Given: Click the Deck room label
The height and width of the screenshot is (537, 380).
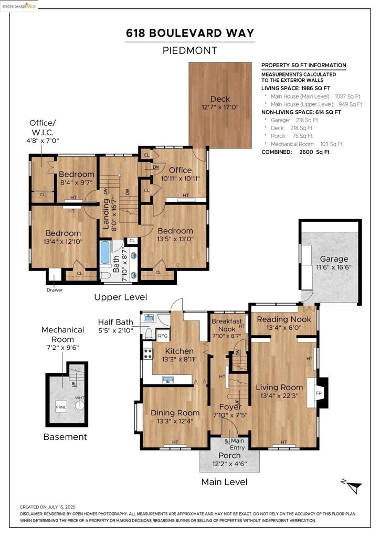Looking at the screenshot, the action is (220, 99).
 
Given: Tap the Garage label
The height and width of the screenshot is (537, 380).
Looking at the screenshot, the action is (334, 259).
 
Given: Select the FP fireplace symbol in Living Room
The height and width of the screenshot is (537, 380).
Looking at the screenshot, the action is (318, 393).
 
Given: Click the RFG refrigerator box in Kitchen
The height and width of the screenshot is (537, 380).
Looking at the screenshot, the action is (163, 336).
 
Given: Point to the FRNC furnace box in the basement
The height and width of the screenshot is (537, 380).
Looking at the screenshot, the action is (61, 407).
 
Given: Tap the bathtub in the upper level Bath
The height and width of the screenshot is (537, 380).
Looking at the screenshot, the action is (105, 253).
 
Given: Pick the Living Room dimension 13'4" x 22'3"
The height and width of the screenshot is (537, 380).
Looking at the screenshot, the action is (280, 396).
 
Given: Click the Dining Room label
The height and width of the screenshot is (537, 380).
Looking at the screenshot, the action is (175, 413).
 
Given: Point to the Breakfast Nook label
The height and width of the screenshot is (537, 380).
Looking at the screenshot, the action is (227, 325).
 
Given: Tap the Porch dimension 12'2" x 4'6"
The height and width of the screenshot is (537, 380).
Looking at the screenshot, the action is (229, 464).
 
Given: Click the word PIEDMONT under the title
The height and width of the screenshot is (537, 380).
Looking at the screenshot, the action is (190, 51).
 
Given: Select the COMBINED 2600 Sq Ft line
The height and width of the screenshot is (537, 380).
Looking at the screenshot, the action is (295, 152).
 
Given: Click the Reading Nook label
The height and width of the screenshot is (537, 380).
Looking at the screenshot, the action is (284, 319).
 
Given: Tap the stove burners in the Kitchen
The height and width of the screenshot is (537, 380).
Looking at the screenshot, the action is (147, 353).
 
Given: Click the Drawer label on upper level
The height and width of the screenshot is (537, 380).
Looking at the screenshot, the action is (55, 289).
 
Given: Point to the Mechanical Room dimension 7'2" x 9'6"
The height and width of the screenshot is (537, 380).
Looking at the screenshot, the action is (62, 347).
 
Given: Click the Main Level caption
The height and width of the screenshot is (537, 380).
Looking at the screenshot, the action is (225, 482).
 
